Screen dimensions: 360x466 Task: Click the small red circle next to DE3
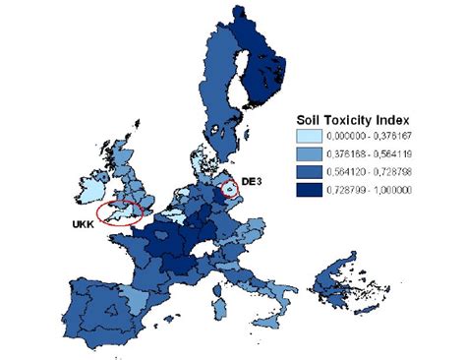(230, 187)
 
